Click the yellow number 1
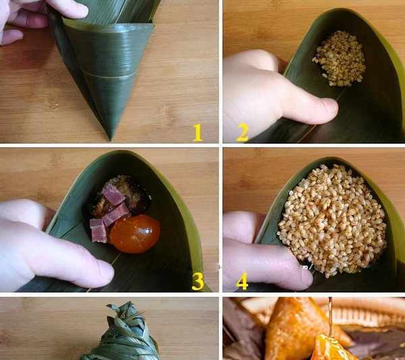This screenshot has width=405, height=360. [x=198, y=132]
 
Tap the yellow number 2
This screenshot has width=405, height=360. [x=242, y=132]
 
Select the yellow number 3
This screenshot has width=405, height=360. [x=198, y=281]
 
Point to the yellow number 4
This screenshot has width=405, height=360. [x=242, y=281]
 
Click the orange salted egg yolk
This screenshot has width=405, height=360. [x=134, y=234]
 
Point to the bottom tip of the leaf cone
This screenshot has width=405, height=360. [x=111, y=140]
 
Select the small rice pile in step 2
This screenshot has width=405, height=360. [x=339, y=59]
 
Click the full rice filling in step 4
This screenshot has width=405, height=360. [x=331, y=220]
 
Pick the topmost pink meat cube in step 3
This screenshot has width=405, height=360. [x=113, y=195]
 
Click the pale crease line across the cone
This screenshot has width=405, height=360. [x=108, y=74]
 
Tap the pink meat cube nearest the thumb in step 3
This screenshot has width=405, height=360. [x=99, y=231]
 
